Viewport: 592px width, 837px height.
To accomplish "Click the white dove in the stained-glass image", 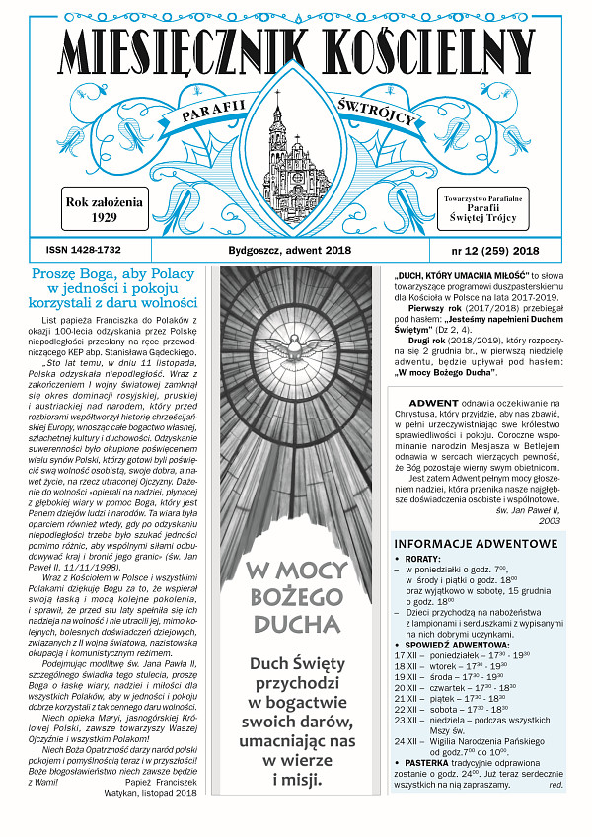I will pyautogui.click(x=296, y=355).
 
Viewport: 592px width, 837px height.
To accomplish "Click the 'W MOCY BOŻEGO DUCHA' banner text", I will pyautogui.click(x=296, y=596).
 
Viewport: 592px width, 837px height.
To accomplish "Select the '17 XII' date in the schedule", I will pyautogui.click(x=406, y=655).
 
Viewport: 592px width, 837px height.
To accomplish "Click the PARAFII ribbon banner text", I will pyautogui.click(x=196, y=119).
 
